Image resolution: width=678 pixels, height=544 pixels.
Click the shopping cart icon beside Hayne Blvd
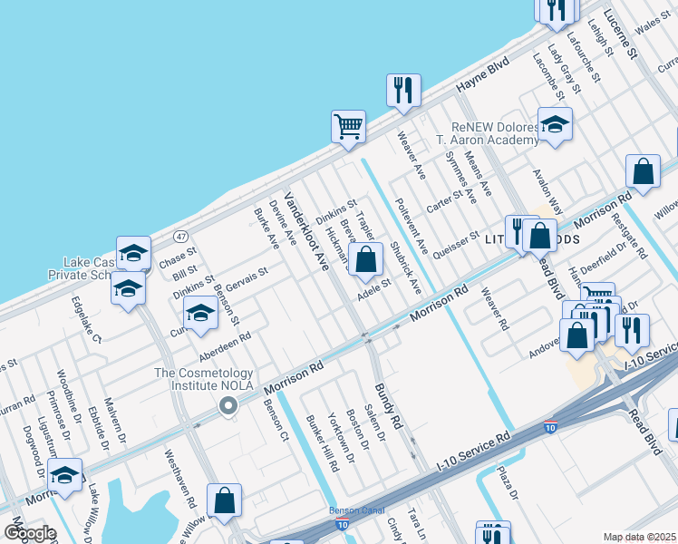click(x=348, y=126)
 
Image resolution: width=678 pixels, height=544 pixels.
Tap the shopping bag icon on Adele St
click(x=365, y=260)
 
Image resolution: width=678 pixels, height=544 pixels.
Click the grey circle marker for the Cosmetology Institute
click(x=228, y=405)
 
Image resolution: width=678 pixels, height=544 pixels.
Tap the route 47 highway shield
click(x=180, y=236)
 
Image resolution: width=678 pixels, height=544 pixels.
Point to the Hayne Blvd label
click(x=484, y=76)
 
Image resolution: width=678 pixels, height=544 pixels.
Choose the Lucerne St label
click(x=621, y=35)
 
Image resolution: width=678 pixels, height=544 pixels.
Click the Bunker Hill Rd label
click(x=322, y=442)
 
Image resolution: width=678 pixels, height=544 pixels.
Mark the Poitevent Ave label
click(x=412, y=222)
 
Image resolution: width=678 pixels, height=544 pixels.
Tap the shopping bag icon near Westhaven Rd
click(x=224, y=500)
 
